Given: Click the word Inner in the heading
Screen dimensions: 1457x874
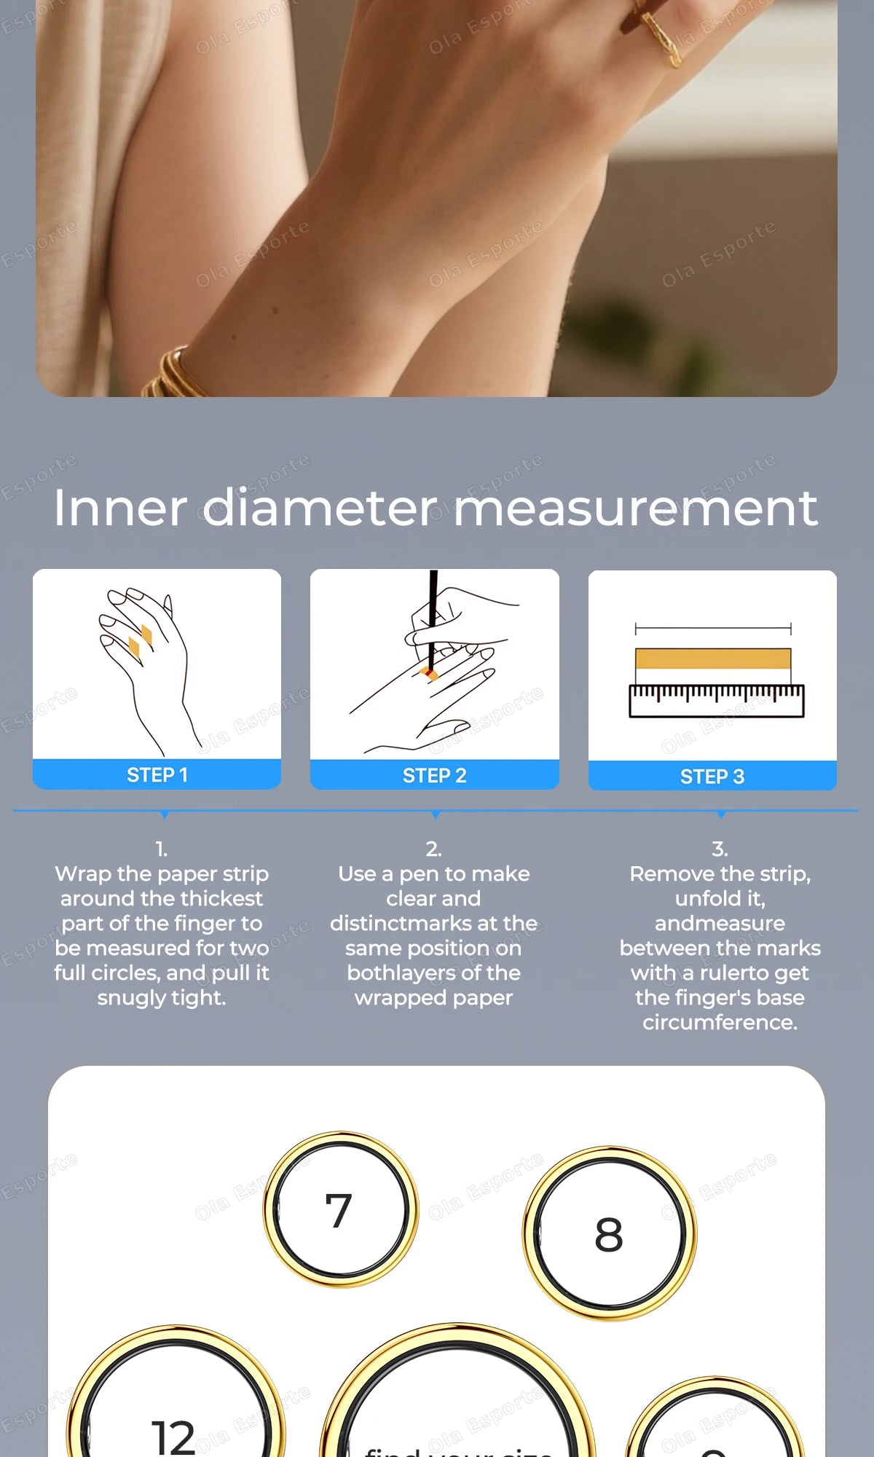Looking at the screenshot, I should [120, 508].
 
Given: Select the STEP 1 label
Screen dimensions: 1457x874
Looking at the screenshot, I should [157, 775].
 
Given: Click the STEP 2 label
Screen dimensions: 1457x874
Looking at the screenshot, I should [435, 776].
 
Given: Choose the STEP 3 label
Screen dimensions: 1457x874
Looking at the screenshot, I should [712, 777].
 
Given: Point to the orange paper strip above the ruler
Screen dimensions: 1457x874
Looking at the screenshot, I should [713, 659].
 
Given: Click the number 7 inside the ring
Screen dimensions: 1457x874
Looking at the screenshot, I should [339, 1211].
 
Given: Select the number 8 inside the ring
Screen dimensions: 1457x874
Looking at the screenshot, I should [609, 1236].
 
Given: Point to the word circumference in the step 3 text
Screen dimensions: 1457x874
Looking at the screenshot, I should [720, 1022].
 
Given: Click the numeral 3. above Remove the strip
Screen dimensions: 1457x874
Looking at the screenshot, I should [720, 849].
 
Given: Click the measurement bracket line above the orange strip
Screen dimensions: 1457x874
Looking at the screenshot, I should [713, 629].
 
